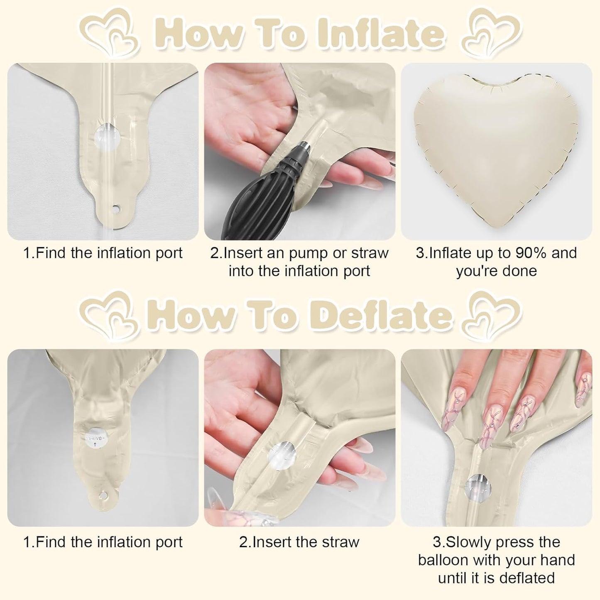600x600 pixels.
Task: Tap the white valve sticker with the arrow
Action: [x=95, y=439]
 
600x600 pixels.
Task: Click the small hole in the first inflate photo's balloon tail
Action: [x=116, y=208]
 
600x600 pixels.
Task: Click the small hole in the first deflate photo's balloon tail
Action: [x=103, y=495]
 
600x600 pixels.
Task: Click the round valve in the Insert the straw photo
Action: [x=282, y=456]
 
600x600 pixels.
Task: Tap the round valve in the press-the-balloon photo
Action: [x=478, y=489]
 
